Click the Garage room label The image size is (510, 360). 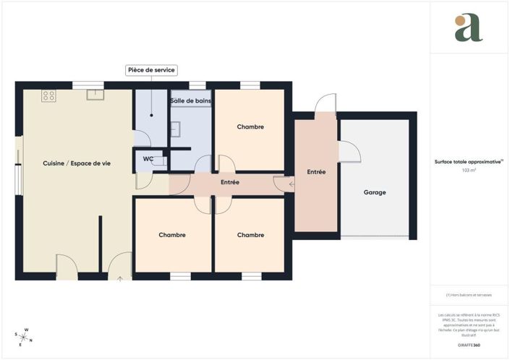pyautogui.click(x=375, y=192)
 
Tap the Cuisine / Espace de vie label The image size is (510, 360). pyautogui.click(x=77, y=163)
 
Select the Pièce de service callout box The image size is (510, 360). pyautogui.click(x=151, y=70)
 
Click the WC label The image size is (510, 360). pyautogui.click(x=148, y=158)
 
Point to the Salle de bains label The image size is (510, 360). pyautogui.click(x=190, y=101)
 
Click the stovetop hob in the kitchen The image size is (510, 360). pyautogui.click(x=48, y=95)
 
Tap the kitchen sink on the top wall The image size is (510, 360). pyautogui.click(x=95, y=94)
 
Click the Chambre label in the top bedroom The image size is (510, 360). pyautogui.click(x=250, y=127)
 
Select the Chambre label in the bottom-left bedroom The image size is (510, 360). pyautogui.click(x=172, y=235)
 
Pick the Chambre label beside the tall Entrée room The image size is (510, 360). pyautogui.click(x=250, y=235)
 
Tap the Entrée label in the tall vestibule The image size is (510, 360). pyautogui.click(x=316, y=172)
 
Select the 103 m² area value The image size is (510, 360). pyautogui.click(x=468, y=170)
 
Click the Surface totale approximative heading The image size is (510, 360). pyautogui.click(x=468, y=162)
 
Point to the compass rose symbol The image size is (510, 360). pyautogui.click(x=25, y=336)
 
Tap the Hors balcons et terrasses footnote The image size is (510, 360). pyautogui.click(x=468, y=296)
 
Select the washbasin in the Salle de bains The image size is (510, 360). pyautogui.click(x=176, y=129)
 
